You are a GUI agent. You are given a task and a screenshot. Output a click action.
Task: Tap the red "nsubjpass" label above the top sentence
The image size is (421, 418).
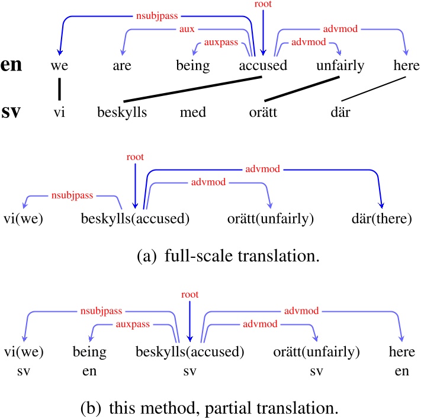tap(156, 12)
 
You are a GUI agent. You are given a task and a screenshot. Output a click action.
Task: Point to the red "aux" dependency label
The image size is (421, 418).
tap(188, 28)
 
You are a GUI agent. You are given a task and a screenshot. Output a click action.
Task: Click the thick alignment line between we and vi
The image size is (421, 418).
tap(59, 88)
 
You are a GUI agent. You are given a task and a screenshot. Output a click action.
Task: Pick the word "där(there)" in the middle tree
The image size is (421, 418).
tap(381, 219)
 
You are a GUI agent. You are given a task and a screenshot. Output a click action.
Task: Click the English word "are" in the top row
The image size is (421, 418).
tap(122, 65)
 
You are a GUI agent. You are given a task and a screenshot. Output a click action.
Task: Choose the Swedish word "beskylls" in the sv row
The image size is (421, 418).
tap(123, 111)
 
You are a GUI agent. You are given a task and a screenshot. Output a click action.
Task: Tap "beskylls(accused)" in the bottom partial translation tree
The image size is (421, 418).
tap(190, 352)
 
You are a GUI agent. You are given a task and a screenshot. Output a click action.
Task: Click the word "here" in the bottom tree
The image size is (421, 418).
tap(398, 352)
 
